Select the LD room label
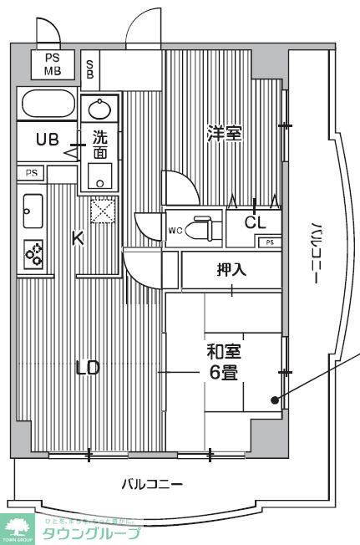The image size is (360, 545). (x=88, y=368)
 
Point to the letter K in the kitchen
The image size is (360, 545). (x=78, y=238)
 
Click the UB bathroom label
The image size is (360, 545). (x=47, y=140)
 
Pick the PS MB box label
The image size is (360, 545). (x=52, y=64)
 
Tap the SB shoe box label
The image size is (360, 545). (x=90, y=67)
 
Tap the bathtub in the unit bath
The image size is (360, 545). (x=48, y=105)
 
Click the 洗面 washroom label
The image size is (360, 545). (x=100, y=147)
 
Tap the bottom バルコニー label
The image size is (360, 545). (x=151, y=484)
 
